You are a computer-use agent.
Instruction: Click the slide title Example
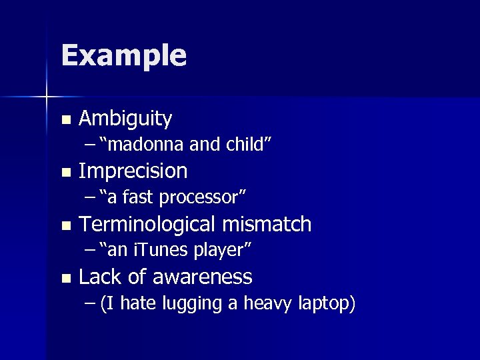(123, 56)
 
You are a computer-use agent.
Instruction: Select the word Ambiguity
(125, 119)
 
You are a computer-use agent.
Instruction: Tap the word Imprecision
(133, 171)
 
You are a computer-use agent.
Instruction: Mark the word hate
(138, 304)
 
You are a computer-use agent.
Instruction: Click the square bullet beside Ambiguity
(65, 121)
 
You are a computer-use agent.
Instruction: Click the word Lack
(98, 277)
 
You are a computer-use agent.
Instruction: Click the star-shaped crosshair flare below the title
(47, 97)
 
